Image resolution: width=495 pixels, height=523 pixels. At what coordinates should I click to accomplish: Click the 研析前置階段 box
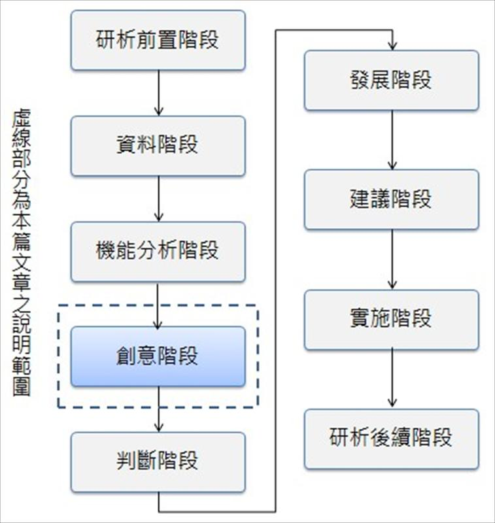[158, 40]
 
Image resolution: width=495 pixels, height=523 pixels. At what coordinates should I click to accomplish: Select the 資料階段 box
[158, 146]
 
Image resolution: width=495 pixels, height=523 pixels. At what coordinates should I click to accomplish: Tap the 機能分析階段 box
[158, 252]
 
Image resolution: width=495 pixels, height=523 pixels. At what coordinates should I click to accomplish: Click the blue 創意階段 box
[158, 357]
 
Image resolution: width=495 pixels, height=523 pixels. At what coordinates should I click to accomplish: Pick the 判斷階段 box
[158, 462]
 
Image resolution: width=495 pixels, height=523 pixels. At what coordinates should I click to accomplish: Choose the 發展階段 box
[391, 80]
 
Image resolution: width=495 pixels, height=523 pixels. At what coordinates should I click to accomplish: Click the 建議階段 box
[391, 199]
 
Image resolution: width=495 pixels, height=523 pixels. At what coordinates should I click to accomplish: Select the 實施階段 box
[391, 319]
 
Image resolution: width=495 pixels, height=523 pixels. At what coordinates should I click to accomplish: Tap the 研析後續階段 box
[391, 439]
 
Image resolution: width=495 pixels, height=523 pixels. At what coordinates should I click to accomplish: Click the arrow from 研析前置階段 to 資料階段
[158, 93]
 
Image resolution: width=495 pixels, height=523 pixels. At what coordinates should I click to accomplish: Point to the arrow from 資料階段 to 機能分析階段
[158, 199]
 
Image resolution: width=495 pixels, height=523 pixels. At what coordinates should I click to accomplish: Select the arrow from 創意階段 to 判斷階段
[158, 409]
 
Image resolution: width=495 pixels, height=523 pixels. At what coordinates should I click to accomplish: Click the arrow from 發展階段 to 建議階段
[392, 140]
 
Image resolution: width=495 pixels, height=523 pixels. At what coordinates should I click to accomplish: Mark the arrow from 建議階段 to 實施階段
[392, 260]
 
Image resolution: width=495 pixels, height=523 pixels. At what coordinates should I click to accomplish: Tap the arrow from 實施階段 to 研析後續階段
[392, 379]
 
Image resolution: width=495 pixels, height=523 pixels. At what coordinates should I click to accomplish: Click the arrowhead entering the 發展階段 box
[392, 45]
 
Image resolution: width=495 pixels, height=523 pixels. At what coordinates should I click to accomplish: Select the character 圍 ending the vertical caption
[22, 387]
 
